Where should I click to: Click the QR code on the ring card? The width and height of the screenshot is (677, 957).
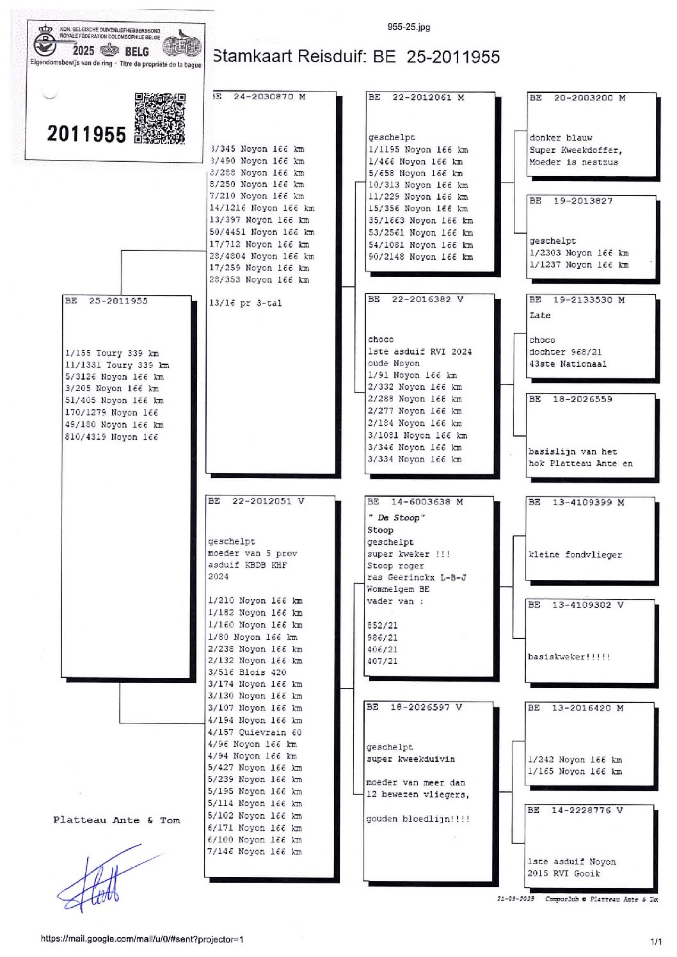[160, 118]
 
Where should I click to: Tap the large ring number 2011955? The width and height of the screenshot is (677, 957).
[86, 134]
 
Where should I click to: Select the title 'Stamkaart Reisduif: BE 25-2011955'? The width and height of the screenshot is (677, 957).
[356, 57]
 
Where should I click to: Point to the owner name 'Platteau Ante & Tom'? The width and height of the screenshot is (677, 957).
[116, 820]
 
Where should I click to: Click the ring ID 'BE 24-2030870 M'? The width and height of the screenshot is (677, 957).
[259, 97]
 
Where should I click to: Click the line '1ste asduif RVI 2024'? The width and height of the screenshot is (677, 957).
[420, 351]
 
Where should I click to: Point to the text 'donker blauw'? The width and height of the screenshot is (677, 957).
[561, 138]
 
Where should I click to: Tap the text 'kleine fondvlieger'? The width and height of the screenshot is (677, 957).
[575, 555]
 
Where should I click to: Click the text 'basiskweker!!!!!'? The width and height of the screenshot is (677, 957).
[569, 657]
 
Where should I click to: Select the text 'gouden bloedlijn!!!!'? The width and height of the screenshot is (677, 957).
[418, 819]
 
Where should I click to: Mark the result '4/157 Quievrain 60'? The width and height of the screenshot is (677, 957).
[254, 732]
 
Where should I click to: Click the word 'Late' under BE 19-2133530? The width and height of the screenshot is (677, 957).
[539, 316]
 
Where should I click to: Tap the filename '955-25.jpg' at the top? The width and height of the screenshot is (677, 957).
[408, 27]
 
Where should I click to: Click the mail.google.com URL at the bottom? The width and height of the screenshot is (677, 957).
[142, 939]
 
